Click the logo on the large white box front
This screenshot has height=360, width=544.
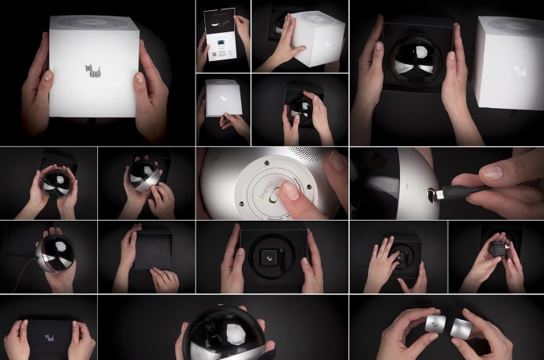[94, 71]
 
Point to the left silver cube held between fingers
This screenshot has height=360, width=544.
[435, 324]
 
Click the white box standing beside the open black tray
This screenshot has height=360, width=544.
[508, 62]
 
